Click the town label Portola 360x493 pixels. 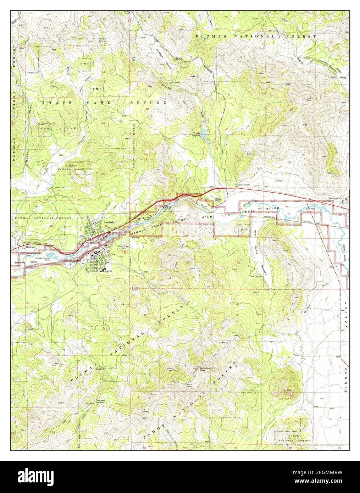tap(109, 222)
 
